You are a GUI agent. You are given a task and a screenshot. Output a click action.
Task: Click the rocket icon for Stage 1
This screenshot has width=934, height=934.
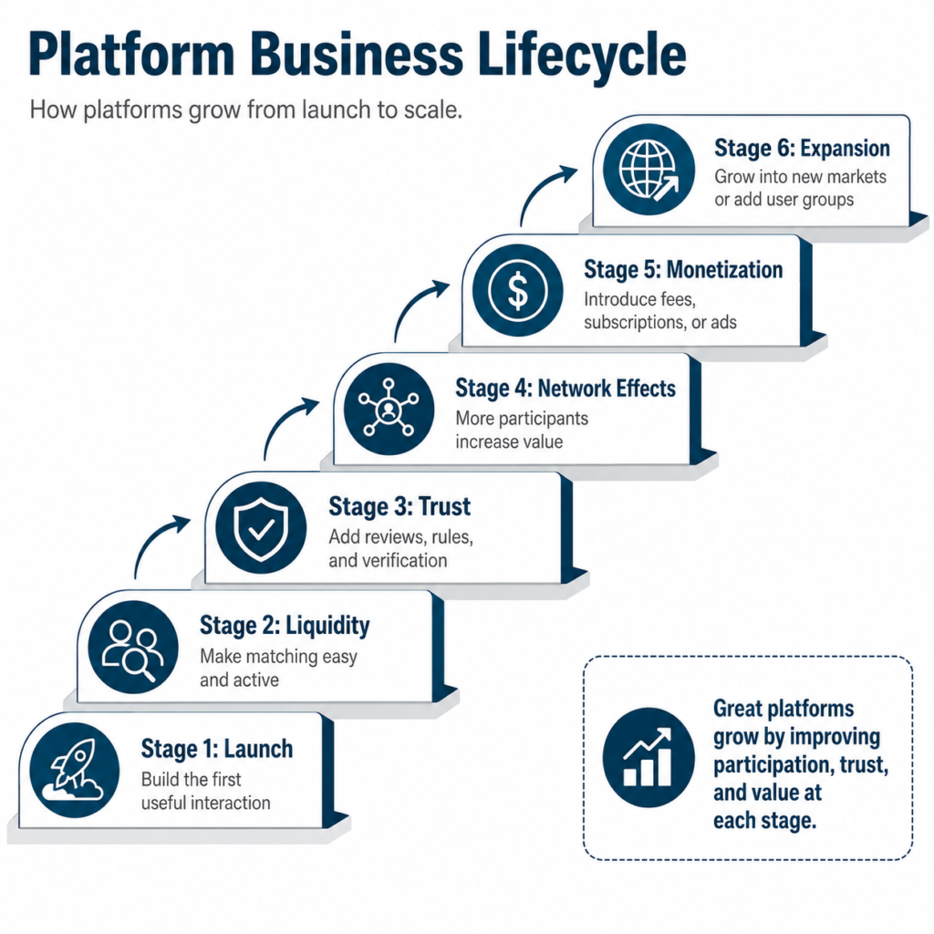[x=74, y=770]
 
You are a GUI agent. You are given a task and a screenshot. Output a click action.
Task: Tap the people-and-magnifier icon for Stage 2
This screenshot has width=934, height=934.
[x=133, y=648]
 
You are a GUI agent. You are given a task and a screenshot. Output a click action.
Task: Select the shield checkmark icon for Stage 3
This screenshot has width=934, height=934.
[x=261, y=528]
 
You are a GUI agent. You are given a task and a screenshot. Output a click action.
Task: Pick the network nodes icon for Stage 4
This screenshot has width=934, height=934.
[x=389, y=410]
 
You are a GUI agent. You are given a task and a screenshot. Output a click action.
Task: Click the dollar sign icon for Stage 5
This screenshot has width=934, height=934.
[x=518, y=290]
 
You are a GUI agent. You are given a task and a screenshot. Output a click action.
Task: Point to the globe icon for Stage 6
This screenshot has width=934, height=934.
[x=649, y=169]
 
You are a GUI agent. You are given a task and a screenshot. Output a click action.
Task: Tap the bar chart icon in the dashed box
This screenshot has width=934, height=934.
[x=649, y=757]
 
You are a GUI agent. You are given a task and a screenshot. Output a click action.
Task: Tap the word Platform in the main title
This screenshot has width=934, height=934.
[x=131, y=55]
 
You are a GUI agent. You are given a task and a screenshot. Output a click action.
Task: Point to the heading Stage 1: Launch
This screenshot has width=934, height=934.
[x=217, y=749]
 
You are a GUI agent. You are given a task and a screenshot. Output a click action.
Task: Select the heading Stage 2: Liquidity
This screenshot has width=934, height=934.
[x=285, y=626]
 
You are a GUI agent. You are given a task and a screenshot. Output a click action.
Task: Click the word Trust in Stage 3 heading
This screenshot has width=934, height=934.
[x=444, y=506]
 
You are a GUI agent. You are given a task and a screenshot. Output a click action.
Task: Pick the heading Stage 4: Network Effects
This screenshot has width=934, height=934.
[x=566, y=388]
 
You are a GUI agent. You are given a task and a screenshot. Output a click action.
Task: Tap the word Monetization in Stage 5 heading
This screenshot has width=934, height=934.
[x=724, y=269]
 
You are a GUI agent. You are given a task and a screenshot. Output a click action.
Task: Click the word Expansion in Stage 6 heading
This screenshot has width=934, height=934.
[x=845, y=148]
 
